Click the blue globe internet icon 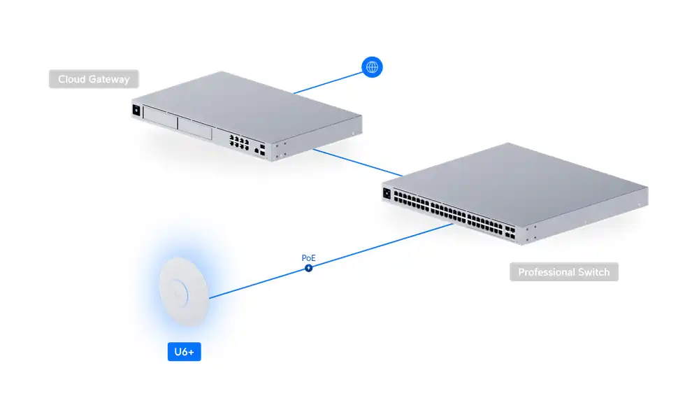point(373,67)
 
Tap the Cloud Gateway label point(94,79)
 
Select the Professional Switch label point(563,272)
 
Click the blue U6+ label point(184,351)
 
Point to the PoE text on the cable point(308,258)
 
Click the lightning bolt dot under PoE point(308,267)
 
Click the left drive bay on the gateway point(159,119)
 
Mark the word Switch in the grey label point(592,272)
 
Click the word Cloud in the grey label point(72,79)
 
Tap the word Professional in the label point(546,272)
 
